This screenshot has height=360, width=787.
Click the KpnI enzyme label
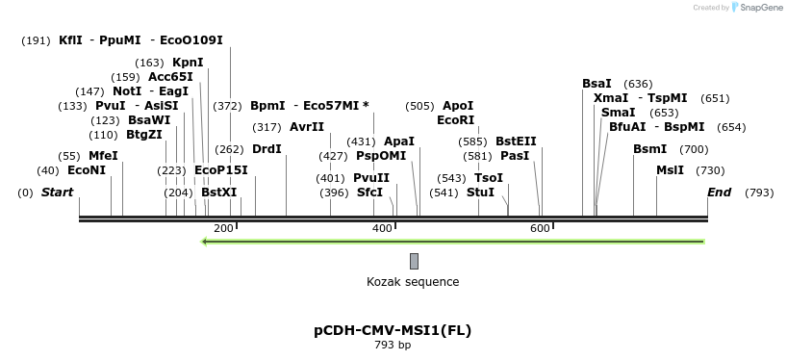(188, 63)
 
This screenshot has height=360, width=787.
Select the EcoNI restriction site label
(87, 169)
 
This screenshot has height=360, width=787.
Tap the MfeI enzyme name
(103, 155)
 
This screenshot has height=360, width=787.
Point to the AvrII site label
(307, 127)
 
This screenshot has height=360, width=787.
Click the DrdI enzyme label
(267, 149)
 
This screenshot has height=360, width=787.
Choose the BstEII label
(516, 141)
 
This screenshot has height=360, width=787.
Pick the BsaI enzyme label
(597, 84)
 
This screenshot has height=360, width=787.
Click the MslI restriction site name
(670, 169)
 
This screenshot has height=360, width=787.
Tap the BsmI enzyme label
(649, 149)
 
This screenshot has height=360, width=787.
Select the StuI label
(480, 193)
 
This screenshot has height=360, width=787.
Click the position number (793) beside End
(759, 193)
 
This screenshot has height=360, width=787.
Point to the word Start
(57, 193)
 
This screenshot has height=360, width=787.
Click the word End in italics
(719, 193)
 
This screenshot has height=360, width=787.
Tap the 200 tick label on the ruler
(223, 228)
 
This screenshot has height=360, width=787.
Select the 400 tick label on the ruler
(382, 228)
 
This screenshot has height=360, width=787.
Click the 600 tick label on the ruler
(540, 228)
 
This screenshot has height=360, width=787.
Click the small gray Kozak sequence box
(414, 261)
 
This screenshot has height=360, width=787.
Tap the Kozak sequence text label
(413, 282)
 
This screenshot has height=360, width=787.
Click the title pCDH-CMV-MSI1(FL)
(393, 330)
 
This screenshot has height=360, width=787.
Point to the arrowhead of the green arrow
(204, 241)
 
